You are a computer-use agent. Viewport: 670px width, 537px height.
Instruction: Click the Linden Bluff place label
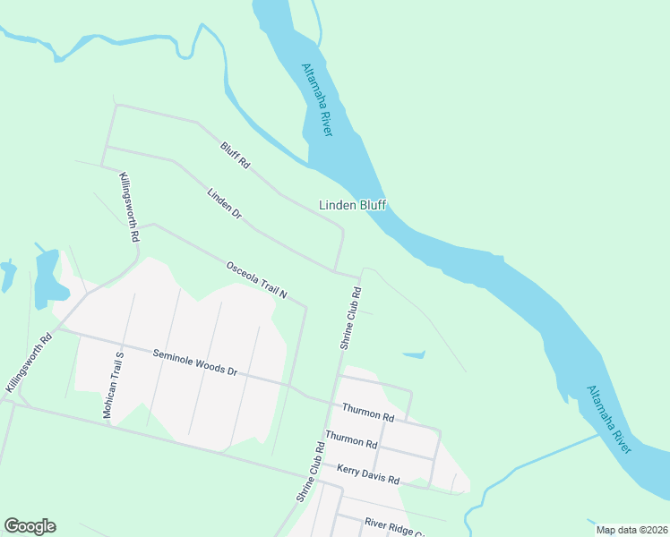tap(352, 205)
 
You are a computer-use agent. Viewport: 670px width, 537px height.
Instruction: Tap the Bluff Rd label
tap(235, 155)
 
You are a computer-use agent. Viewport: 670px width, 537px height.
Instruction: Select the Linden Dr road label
tap(224, 203)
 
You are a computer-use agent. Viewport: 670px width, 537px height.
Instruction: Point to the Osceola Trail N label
tap(256, 279)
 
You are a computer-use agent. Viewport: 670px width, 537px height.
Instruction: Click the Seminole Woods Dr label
tap(194, 362)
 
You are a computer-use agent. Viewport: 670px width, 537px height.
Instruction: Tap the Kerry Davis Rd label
tap(368, 473)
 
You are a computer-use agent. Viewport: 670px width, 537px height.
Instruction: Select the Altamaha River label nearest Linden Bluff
tap(317, 99)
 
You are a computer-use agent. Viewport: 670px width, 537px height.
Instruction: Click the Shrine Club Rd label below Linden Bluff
tap(350, 318)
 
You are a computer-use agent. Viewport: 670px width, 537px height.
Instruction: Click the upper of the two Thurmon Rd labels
tap(367, 413)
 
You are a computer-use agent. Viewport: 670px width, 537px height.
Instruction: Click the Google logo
tap(30, 526)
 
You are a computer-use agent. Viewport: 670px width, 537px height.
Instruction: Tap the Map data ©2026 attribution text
tap(631, 530)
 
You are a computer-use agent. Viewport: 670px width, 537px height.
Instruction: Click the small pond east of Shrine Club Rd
tap(414, 355)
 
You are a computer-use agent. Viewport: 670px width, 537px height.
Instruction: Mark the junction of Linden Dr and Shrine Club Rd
tap(337, 269)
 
